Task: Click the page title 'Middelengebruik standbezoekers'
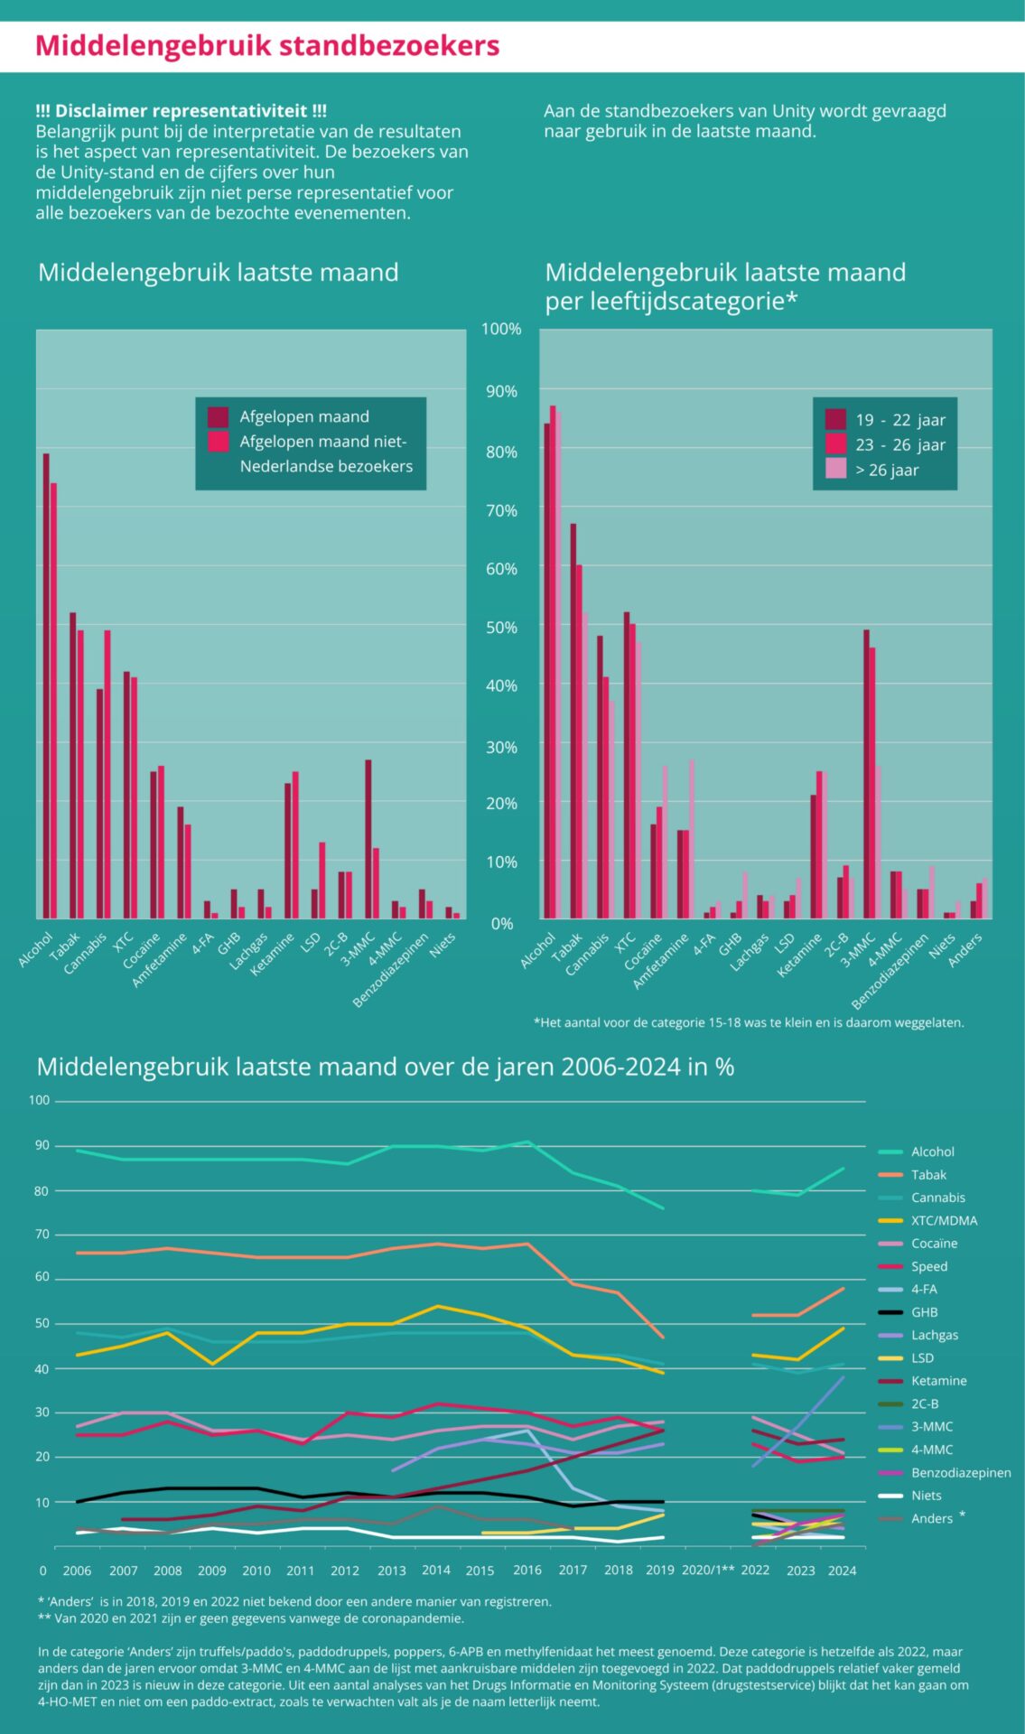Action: (267, 46)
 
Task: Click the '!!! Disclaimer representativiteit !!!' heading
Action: (181, 111)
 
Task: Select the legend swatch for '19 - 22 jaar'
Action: (835, 419)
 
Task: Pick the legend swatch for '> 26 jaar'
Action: (835, 469)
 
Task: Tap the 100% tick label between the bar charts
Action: (501, 329)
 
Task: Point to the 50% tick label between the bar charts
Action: (501, 627)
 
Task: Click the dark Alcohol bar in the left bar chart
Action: (46, 686)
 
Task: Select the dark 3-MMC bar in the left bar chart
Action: (368, 840)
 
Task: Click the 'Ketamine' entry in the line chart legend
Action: (938, 1381)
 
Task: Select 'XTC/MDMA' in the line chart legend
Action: (944, 1220)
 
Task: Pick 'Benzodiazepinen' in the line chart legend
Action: (961, 1472)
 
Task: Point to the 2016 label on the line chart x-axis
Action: (527, 1570)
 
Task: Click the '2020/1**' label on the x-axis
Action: (708, 1570)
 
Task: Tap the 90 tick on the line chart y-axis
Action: (42, 1145)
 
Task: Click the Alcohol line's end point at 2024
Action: (843, 1169)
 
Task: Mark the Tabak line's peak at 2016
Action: (528, 1245)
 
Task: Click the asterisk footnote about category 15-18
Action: (749, 1022)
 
